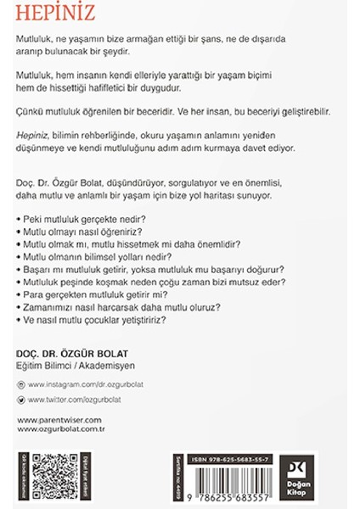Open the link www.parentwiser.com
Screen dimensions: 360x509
59,419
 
